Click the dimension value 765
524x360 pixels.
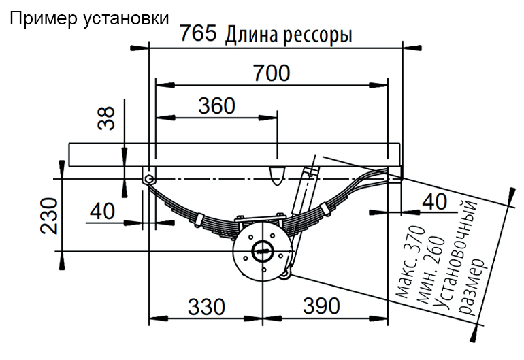pos(198,33)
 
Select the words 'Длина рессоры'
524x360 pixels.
pos(289,34)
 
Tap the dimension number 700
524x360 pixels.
pos(272,72)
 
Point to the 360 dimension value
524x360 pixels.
pos(216,105)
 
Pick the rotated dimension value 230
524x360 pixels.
pos(50,214)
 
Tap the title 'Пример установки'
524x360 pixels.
pos(88,18)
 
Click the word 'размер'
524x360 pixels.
pos(472,287)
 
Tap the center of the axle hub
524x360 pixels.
pos(262,251)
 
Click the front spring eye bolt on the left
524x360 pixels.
pos(148,178)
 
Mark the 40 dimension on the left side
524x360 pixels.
pos(102,211)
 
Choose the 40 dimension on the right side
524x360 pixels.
pos(436,201)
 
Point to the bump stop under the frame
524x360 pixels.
pos(276,174)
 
